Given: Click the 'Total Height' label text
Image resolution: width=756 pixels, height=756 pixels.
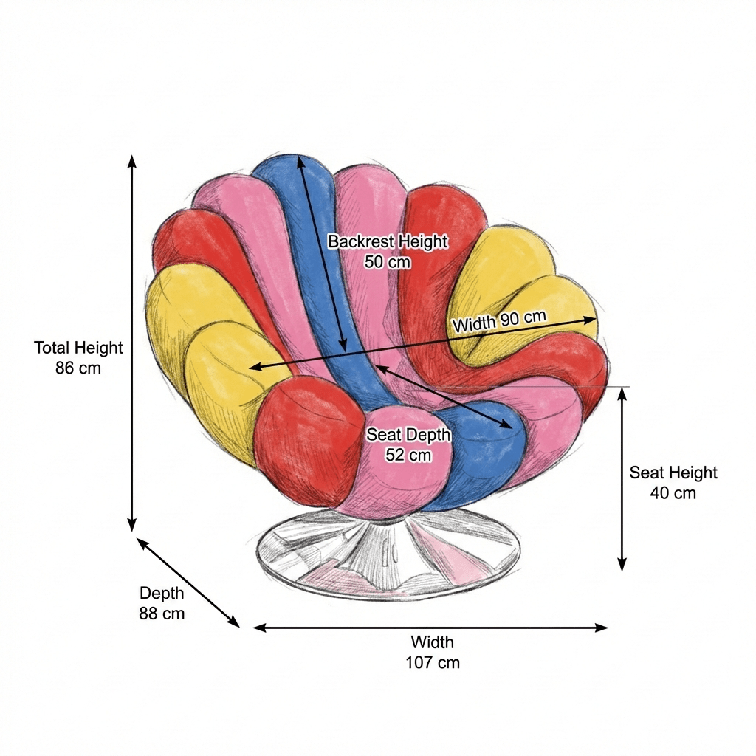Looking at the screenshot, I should pyautogui.click(x=78, y=347).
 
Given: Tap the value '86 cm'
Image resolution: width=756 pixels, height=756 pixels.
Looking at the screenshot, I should pyautogui.click(x=78, y=367).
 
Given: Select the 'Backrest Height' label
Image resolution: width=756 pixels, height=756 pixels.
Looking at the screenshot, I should pyautogui.click(x=388, y=241).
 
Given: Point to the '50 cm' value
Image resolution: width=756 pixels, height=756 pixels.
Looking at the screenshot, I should pyautogui.click(x=388, y=261).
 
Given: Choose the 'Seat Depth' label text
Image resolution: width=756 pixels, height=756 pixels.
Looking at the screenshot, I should pyautogui.click(x=408, y=435).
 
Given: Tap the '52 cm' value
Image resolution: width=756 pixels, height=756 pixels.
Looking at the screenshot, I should pyautogui.click(x=408, y=455).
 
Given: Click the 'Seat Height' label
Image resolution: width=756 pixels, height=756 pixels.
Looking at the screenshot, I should pyautogui.click(x=673, y=472).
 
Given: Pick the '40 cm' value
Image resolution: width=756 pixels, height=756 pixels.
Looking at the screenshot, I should pyautogui.click(x=673, y=492).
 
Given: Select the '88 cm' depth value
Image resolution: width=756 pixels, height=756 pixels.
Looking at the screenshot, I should pyautogui.click(x=162, y=613).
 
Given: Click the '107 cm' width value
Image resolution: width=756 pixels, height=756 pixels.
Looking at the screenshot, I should pyautogui.click(x=433, y=662).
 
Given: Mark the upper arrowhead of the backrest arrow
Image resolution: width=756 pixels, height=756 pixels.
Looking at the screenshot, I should pyautogui.click(x=299, y=160).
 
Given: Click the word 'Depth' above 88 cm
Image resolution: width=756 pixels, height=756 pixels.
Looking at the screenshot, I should pyautogui.click(x=162, y=593).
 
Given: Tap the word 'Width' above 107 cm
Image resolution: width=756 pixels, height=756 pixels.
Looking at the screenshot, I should pyautogui.click(x=433, y=642).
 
